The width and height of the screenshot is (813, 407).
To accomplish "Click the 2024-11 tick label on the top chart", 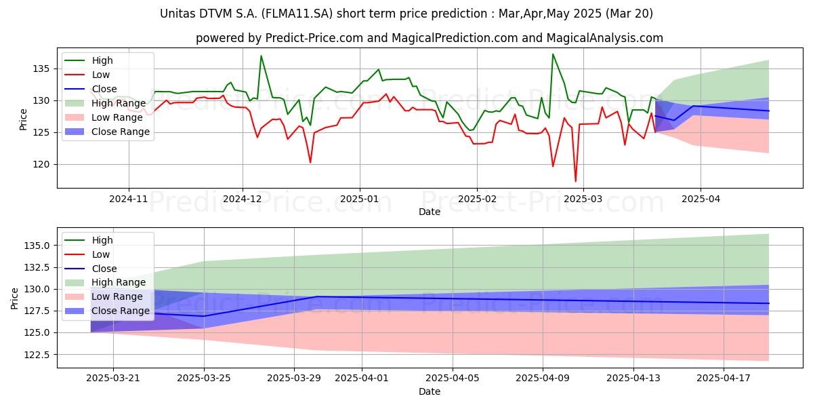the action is (129, 199).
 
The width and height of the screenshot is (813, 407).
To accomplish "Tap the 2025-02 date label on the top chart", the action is (477, 199).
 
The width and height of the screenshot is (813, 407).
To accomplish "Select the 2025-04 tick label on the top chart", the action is (701, 199).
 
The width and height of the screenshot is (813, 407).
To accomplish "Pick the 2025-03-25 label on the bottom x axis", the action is (204, 379).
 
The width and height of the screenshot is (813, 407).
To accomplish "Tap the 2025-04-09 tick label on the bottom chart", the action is (543, 379).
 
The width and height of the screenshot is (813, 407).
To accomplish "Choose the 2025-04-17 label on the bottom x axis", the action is (724, 379).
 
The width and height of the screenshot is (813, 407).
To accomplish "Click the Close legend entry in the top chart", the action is (91, 89).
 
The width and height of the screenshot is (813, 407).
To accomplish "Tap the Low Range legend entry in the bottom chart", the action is (104, 296).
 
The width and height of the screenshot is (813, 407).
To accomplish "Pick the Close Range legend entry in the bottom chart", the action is (107, 311).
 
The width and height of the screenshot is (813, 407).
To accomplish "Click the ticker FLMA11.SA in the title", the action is (297, 14).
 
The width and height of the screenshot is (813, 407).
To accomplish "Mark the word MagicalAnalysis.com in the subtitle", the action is (604, 38).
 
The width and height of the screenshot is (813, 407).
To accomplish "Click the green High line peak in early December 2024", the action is (261, 56).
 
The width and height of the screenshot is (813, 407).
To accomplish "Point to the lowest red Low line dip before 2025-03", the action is (575, 181).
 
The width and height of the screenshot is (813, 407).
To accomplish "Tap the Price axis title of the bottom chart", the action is (14, 298).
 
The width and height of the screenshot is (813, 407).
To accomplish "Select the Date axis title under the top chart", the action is (430, 212).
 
